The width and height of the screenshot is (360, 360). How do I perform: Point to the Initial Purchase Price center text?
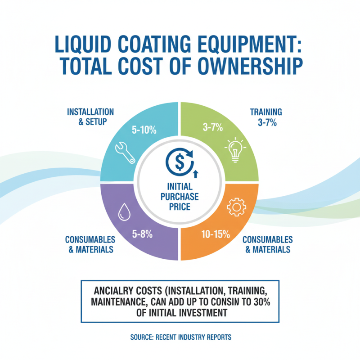click(x=180, y=197)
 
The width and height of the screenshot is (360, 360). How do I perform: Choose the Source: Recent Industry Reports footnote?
click(x=180, y=336)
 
